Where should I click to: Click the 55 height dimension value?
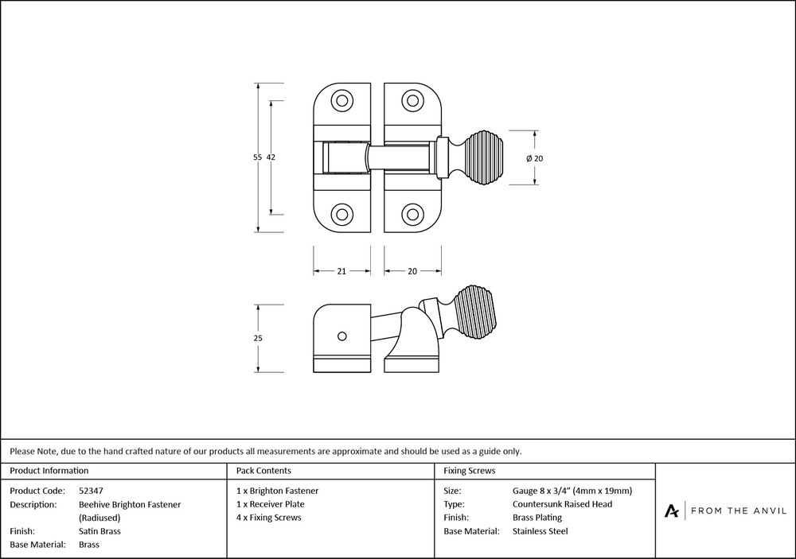(x=257, y=157)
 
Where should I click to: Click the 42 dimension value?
(x=271, y=157)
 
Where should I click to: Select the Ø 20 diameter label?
(x=535, y=158)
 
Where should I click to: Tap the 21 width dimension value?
(x=341, y=271)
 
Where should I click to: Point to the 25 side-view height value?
(x=257, y=338)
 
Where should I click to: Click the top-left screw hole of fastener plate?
(x=342, y=101)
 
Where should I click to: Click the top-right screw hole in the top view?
(x=412, y=101)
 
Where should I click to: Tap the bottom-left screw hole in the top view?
(x=342, y=214)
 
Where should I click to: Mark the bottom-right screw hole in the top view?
(x=412, y=214)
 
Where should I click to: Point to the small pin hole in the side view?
(x=341, y=336)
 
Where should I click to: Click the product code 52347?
(x=91, y=491)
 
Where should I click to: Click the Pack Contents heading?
(x=263, y=471)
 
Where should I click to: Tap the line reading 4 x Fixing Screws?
(x=269, y=518)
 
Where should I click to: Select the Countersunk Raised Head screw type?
(x=562, y=504)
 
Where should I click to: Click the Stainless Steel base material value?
(x=540, y=531)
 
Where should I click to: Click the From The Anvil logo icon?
(x=672, y=510)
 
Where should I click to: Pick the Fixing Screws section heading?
(x=470, y=471)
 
